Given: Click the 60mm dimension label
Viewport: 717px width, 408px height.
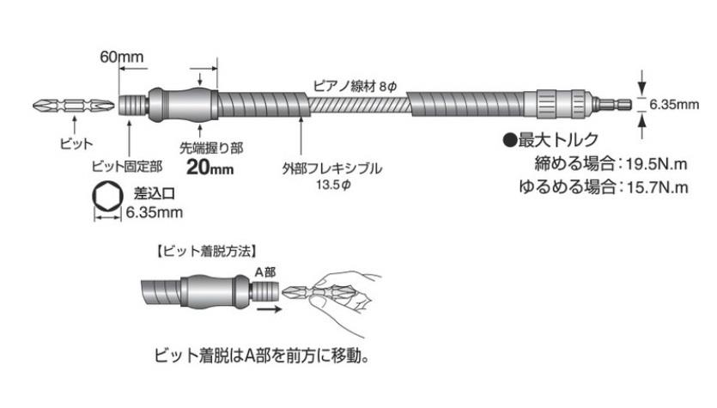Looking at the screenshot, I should (x=123, y=57).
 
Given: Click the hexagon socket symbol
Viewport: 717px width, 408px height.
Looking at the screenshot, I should (x=106, y=199).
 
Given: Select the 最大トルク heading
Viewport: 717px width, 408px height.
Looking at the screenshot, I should (x=550, y=139).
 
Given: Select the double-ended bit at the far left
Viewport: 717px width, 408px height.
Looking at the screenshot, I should (x=72, y=107).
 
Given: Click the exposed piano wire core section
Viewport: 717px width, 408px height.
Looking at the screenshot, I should (x=358, y=107).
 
